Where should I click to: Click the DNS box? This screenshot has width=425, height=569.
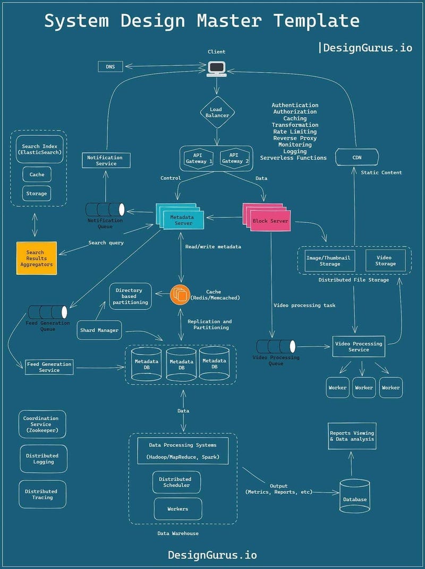(110, 66)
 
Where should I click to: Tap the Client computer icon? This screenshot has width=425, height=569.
(216, 68)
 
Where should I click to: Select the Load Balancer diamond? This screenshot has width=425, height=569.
(216, 112)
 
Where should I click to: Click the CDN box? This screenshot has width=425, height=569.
(357, 157)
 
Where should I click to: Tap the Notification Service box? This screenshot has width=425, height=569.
(106, 160)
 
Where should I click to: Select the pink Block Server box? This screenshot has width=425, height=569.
(271, 220)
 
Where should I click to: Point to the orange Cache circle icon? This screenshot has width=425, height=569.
(180, 295)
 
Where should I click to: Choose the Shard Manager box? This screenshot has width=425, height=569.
(99, 330)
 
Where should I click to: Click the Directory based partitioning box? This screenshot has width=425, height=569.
(130, 296)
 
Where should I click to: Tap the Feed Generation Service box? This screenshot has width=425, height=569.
(49, 366)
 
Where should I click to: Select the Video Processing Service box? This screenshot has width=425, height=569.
(359, 346)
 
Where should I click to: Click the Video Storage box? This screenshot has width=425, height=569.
(385, 260)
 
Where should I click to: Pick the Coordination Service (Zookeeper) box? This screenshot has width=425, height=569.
(42, 424)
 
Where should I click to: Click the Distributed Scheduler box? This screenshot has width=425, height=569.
(176, 482)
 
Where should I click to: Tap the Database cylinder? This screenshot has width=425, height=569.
(354, 496)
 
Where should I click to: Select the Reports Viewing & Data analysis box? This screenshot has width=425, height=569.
(352, 436)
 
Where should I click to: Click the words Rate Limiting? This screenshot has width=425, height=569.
(295, 132)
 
